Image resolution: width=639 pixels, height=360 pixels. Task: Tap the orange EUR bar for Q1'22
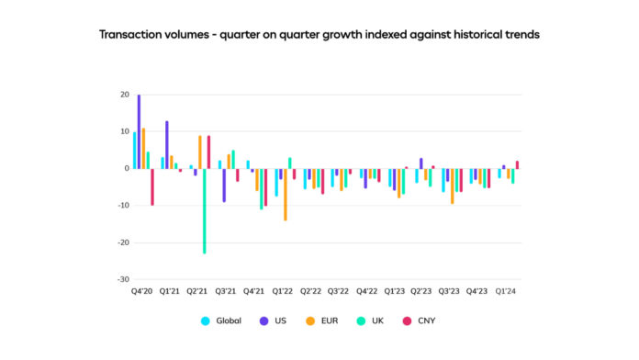[x=286, y=194]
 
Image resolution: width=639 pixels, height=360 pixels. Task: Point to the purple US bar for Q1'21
[x=167, y=144]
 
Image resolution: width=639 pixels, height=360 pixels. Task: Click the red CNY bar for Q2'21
[x=209, y=152]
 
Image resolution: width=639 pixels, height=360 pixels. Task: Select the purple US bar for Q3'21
[x=224, y=185]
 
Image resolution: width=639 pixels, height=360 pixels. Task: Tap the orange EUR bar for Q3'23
[x=452, y=186]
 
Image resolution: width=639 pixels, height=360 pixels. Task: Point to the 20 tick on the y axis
[x=123, y=95]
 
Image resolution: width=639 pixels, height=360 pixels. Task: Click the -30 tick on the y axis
[x=122, y=279]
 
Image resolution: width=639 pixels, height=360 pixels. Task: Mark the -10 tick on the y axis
[x=122, y=206]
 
